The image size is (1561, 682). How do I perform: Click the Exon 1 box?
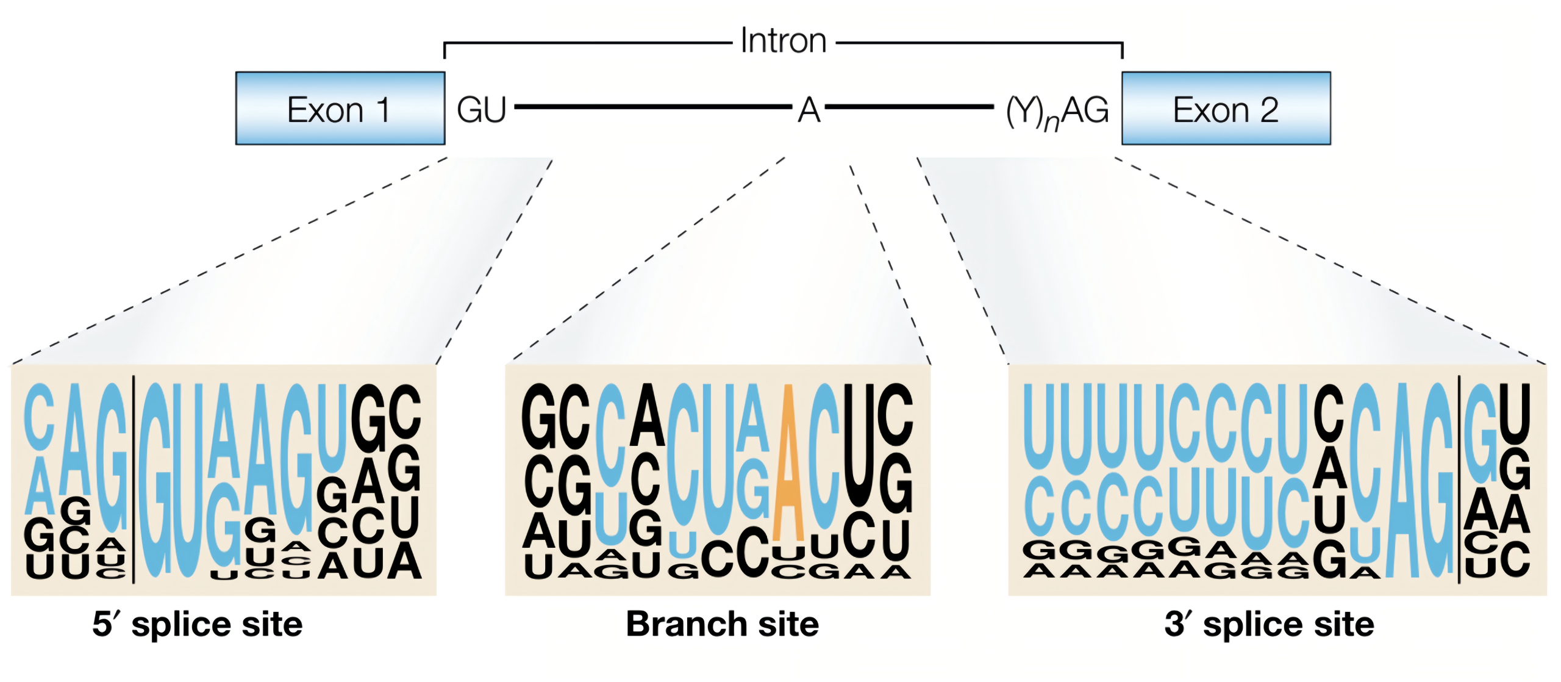tap(340, 109)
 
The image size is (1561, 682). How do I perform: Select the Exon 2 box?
tap(1226, 109)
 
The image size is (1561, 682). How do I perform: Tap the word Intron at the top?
tap(783, 41)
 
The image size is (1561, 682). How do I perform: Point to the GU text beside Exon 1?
tap(481, 110)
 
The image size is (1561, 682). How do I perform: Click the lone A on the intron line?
tap(809, 110)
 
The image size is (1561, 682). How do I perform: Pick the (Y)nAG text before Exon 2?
tap(1057, 112)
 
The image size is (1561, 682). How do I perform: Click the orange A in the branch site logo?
tap(788, 464)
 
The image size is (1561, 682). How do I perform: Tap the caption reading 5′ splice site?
tap(197, 624)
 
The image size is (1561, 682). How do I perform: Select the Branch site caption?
tap(722, 624)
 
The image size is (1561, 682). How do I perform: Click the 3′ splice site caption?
tap(1269, 624)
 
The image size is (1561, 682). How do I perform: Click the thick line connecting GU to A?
tap(652, 107)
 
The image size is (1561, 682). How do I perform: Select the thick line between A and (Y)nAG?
tap(909, 107)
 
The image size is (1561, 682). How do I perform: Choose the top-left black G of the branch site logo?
tap(539, 417)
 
